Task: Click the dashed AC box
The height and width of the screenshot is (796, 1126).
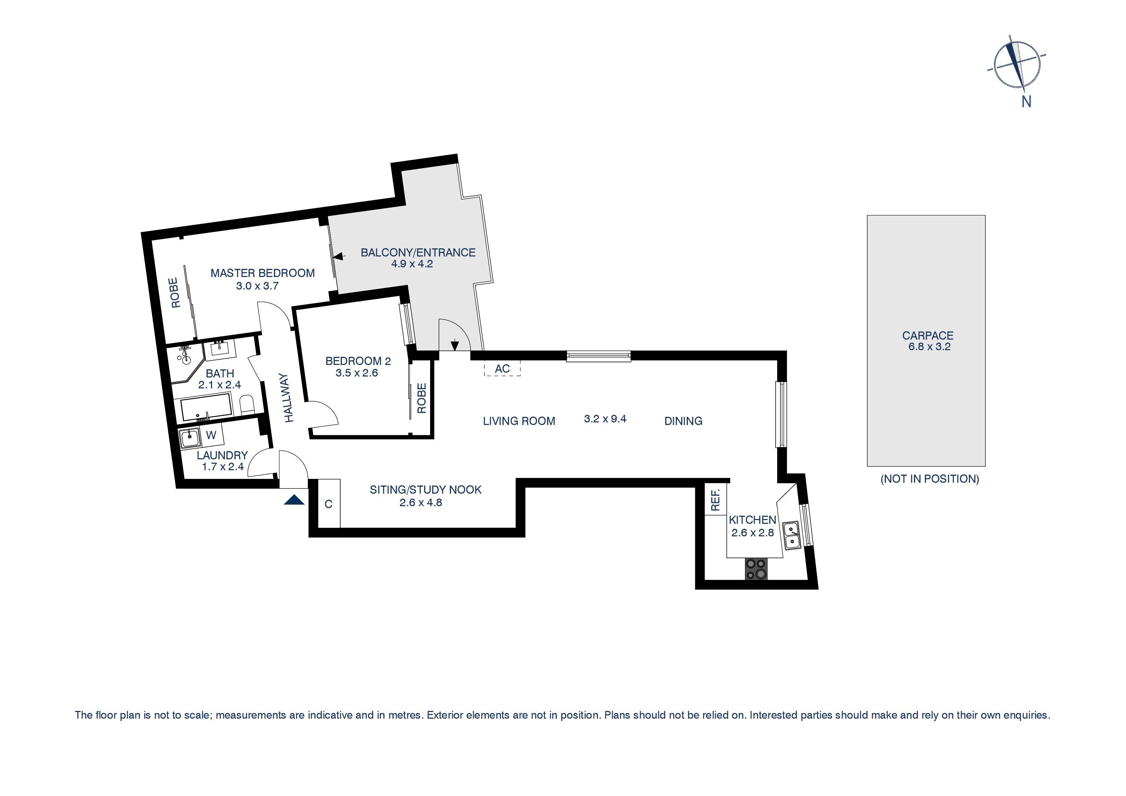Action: coord(502,368)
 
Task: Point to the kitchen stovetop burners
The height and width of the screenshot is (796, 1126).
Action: coord(757,569)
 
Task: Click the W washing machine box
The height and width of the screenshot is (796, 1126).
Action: coord(212,435)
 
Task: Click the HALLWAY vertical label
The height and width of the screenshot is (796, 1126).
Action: coord(289,397)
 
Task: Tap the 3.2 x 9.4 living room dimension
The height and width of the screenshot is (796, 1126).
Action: coord(605,419)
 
